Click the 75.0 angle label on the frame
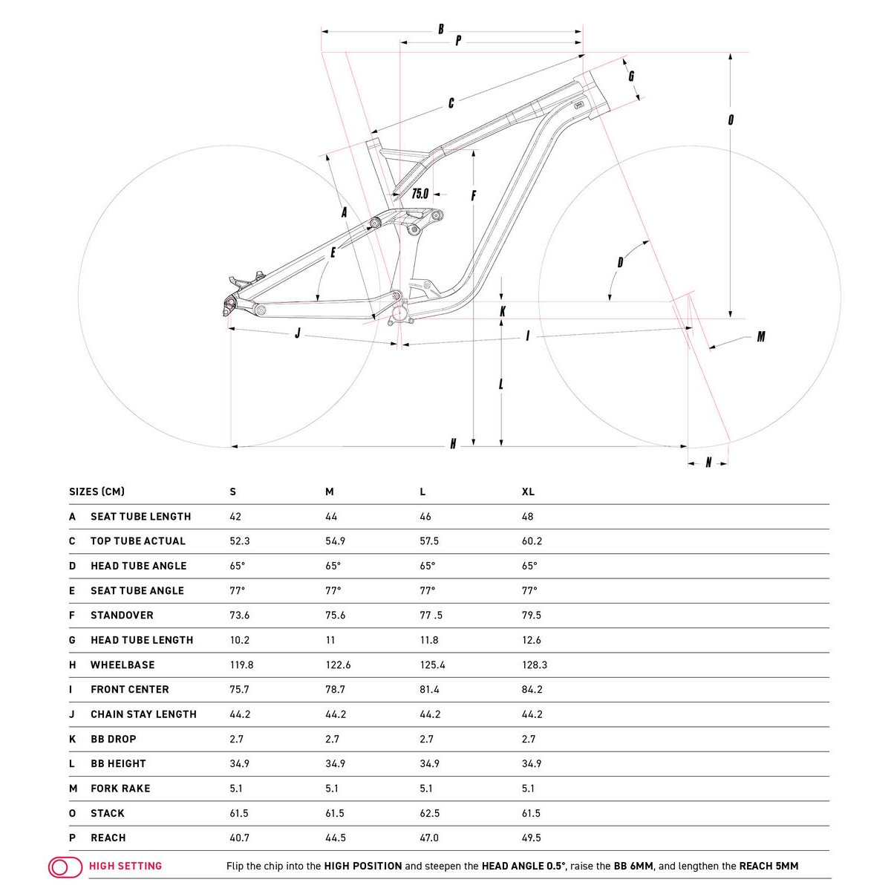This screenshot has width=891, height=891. click(x=420, y=194)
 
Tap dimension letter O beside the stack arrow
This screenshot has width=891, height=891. click(x=731, y=120)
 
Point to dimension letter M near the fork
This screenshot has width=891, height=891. click(x=761, y=337)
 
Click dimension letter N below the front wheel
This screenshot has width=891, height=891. click(x=708, y=463)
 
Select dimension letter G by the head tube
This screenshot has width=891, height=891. click(x=631, y=76)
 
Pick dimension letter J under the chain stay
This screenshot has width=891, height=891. click(x=298, y=333)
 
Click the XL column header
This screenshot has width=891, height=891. click(x=528, y=492)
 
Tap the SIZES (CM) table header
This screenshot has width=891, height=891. click(x=97, y=492)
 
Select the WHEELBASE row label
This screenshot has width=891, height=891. click(x=123, y=665)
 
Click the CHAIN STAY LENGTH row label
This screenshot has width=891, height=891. click(x=143, y=714)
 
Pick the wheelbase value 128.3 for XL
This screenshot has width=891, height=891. click(x=535, y=665)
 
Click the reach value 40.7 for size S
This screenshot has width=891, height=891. click(x=239, y=838)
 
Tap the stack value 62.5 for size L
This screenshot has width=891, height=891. click(x=429, y=813)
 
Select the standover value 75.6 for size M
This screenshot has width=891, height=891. click(x=336, y=615)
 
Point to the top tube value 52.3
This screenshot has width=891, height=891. click(x=239, y=541)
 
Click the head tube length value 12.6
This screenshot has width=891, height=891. click(x=532, y=640)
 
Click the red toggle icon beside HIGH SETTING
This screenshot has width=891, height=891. click(x=65, y=866)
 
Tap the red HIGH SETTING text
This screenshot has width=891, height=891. click(x=125, y=866)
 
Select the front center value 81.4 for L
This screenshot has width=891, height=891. click(x=429, y=689)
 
